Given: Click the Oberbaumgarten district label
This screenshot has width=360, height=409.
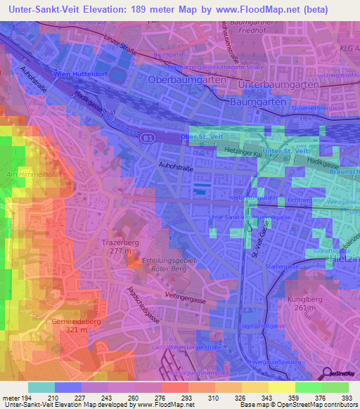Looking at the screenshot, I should point(187,80).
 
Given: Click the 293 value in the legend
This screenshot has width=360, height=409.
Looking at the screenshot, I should point(187,398).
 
